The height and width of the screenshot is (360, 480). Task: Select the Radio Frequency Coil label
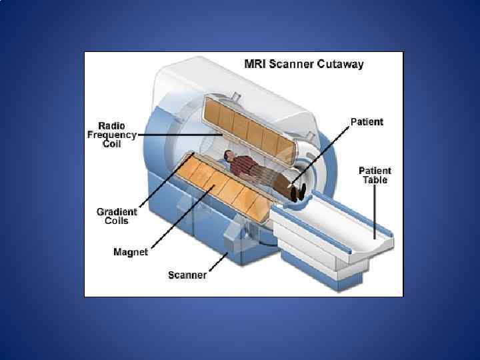click(x=111, y=135)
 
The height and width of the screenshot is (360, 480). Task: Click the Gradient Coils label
click(x=117, y=217)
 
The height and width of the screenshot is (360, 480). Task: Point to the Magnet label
click(x=130, y=252)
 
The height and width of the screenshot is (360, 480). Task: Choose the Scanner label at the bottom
click(x=187, y=275)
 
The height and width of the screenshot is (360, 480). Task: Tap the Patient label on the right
click(x=367, y=122)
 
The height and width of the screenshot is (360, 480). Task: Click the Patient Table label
click(x=375, y=175)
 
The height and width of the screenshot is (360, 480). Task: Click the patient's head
click(x=229, y=155)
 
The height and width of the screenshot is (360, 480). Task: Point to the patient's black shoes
click(x=298, y=191)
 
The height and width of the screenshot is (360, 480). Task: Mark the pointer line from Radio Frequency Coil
click(x=180, y=135)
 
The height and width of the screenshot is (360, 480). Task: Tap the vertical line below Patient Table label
click(x=375, y=210)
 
